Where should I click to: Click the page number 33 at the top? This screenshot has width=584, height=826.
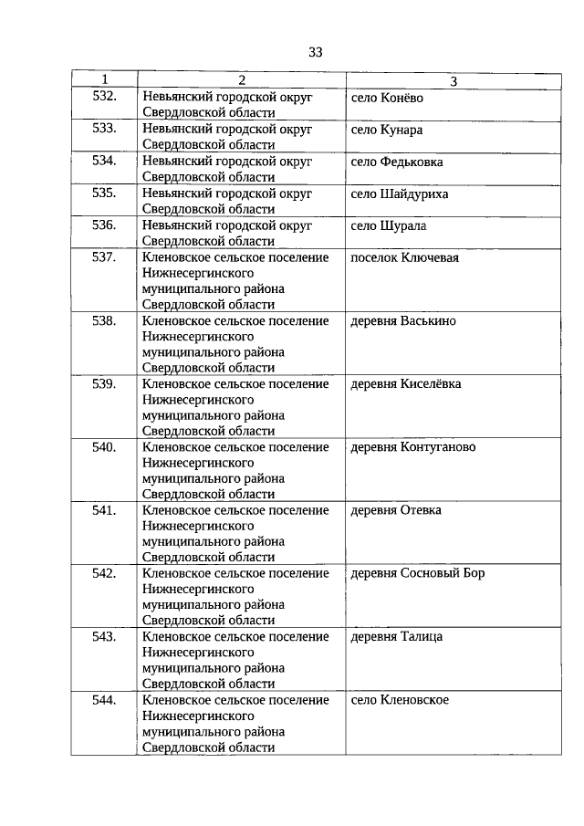click(x=316, y=52)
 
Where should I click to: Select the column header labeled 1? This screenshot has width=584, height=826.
click(x=104, y=80)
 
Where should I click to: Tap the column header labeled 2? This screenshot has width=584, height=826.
click(x=241, y=80)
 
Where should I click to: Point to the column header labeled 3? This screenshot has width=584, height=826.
click(x=454, y=81)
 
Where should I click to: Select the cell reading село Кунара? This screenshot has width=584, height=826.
click(x=386, y=130)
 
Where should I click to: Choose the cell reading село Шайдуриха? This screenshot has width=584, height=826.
click(x=399, y=193)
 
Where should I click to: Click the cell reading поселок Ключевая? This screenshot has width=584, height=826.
click(x=404, y=257)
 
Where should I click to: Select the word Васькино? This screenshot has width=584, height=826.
click(x=428, y=320)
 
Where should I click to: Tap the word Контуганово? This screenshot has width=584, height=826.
click(x=438, y=447)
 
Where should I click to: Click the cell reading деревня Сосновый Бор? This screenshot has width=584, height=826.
click(x=417, y=573)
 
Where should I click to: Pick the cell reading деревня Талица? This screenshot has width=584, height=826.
click(x=396, y=636)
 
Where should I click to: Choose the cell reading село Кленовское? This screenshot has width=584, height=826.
click(x=400, y=700)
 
